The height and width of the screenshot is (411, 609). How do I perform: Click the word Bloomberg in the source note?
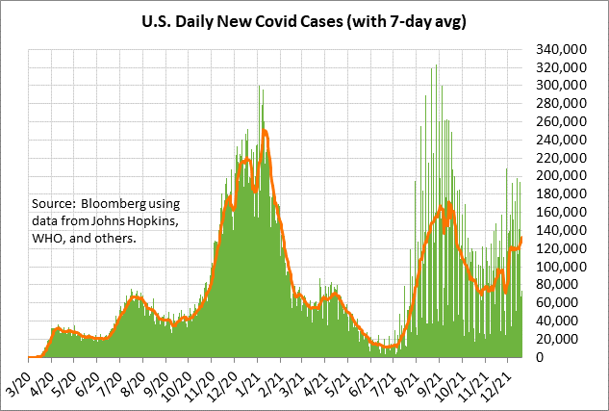114,204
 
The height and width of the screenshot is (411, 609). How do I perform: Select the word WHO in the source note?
49,239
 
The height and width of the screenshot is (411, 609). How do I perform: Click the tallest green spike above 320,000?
437,65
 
